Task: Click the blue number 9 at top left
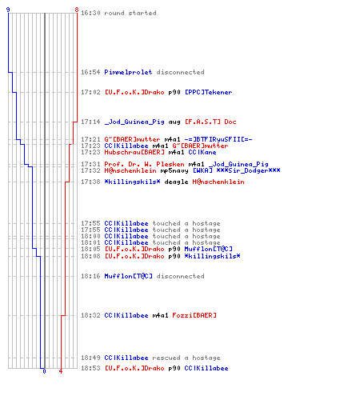[8, 10]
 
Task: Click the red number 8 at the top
[77, 10]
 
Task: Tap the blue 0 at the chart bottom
[44, 371]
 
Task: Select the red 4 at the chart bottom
[61, 371]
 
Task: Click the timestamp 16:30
[90, 13]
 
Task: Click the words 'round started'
[130, 13]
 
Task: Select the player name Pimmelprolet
[128, 72]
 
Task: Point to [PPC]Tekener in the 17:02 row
[209, 92]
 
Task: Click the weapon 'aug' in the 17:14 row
[174, 122]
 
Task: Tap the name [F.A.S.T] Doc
[210, 122]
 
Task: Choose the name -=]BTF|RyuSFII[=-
[218, 139]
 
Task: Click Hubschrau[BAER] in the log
[134, 152]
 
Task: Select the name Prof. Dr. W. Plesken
[144, 164]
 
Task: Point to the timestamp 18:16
[90, 276]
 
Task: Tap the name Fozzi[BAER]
[194, 315]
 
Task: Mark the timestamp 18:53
[90, 368]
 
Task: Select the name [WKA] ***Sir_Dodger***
[237, 170]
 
